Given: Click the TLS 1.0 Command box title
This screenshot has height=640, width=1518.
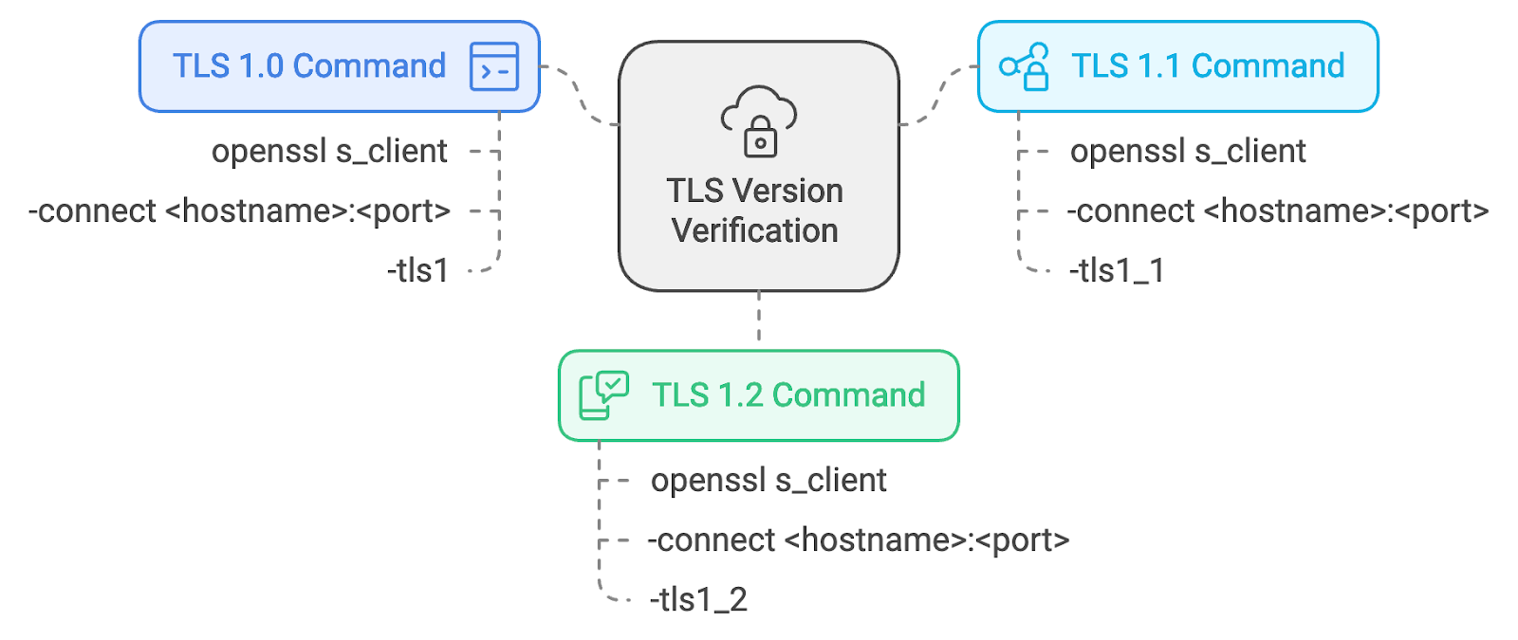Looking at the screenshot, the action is pos(309,65).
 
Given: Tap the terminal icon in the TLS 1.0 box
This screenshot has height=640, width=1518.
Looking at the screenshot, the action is pos(494,66).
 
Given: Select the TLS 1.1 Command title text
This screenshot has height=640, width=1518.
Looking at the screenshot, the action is pos(1208,65).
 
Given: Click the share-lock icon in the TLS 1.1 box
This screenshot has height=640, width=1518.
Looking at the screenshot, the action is pos(1024,66).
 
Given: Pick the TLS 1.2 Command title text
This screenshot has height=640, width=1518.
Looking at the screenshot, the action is pos(788,394).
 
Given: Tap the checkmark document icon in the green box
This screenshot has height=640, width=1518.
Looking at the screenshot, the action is pos(603,395).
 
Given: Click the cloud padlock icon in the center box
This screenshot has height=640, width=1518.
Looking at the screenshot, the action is pos(759,121).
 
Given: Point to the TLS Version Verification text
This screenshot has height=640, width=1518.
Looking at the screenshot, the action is pos(755,210).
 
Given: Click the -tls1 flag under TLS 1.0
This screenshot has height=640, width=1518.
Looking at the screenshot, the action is pos(418,271).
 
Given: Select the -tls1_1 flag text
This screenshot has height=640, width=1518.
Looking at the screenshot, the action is pos(1117,271).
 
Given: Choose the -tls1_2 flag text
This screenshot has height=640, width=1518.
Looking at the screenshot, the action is pos(698,599).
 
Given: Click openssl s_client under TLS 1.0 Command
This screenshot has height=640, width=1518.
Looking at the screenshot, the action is pos(329,151).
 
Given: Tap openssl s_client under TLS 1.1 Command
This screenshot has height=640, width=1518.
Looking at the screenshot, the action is pos(1188,151).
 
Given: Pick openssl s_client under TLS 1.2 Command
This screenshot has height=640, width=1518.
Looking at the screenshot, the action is pos(768,480).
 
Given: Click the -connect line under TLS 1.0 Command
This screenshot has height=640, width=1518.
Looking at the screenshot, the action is pos(239,211).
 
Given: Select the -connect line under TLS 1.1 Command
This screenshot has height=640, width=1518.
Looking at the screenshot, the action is pos(1278,211).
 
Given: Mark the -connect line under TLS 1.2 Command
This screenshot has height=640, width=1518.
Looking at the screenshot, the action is pos(859,540).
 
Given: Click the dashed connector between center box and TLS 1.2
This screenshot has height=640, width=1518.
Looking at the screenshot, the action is pos(759,317).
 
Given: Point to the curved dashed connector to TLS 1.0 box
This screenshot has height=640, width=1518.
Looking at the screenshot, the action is pos(580,96).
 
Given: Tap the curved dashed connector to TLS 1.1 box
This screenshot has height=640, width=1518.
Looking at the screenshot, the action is pos(938,96).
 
